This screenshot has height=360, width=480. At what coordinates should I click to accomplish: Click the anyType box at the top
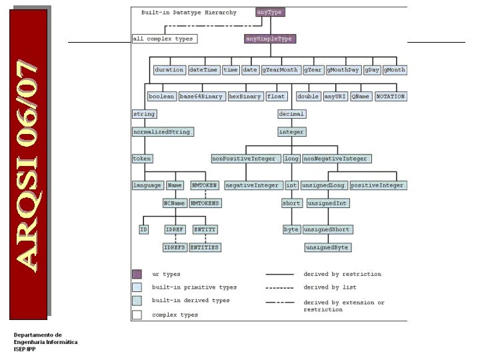point(269,12)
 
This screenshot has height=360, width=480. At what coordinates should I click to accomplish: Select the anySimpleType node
point(269,39)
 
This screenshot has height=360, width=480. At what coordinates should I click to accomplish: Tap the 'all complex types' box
point(163,39)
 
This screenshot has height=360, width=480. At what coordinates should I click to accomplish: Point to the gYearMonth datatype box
point(280,69)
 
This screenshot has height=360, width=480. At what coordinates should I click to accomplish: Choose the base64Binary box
point(201,96)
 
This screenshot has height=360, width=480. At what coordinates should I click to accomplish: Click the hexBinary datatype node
point(245,96)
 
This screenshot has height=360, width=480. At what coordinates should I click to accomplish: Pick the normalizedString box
point(163,131)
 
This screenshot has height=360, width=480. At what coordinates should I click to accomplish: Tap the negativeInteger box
point(252,185)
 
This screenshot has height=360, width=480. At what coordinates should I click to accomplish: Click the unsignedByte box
point(327,247)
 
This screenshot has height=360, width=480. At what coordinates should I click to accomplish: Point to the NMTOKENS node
point(205,203)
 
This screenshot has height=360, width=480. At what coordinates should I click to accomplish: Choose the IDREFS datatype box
point(175,247)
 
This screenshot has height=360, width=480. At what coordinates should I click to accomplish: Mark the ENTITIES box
point(205,247)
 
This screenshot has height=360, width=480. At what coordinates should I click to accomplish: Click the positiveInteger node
point(377,185)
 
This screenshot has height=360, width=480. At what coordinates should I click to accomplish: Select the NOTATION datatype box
point(391,96)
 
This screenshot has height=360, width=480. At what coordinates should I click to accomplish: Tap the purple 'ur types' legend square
point(137,274)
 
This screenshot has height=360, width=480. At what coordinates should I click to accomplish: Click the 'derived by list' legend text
point(330,287)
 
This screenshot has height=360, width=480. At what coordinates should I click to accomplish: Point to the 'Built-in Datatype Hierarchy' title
point(189,13)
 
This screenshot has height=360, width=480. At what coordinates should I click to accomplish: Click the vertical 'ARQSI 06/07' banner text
point(28,163)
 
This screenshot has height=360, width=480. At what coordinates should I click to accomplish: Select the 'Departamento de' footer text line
point(37,335)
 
